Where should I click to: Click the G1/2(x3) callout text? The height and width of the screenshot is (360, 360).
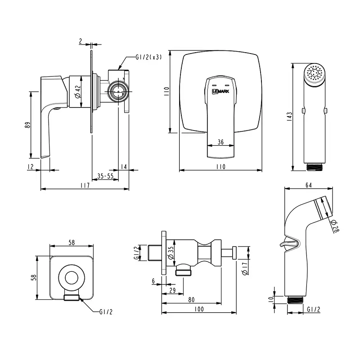coord(148,57)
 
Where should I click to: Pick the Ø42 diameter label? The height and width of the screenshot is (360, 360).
coord(77,91)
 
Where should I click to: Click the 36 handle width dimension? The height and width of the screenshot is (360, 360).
coord(220,142)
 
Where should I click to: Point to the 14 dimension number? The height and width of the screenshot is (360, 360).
coord(124,167)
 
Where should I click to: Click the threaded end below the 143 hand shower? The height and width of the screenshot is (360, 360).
coord(315,166)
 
